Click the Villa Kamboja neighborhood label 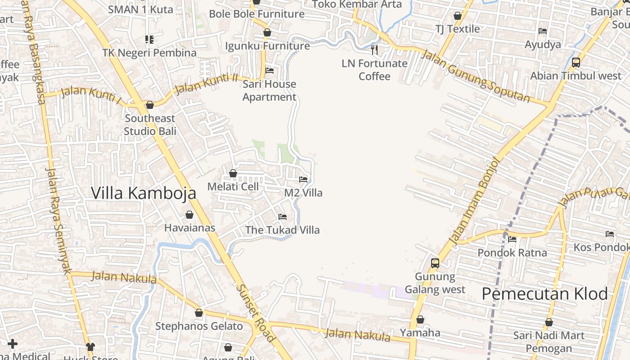click(x=144, y=193)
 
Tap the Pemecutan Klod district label click(x=544, y=294)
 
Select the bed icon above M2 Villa click(x=303, y=179)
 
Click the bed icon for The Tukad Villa click(x=283, y=216)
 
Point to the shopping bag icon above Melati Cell click(x=233, y=173)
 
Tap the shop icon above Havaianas click(x=189, y=215)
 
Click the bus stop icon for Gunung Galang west click(x=435, y=263)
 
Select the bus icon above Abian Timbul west click(x=576, y=63)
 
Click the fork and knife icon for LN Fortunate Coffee click(x=374, y=49)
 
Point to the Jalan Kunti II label click(x=206, y=84)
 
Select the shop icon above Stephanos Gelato click(x=199, y=313)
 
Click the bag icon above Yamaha click(x=420, y=319)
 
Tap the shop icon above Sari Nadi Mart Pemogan click(x=549, y=322)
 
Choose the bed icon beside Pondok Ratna click(x=512, y=239)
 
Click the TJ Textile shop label click(x=458, y=29)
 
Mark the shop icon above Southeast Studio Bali click(x=150, y=105)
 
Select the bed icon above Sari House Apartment click(x=270, y=70)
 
